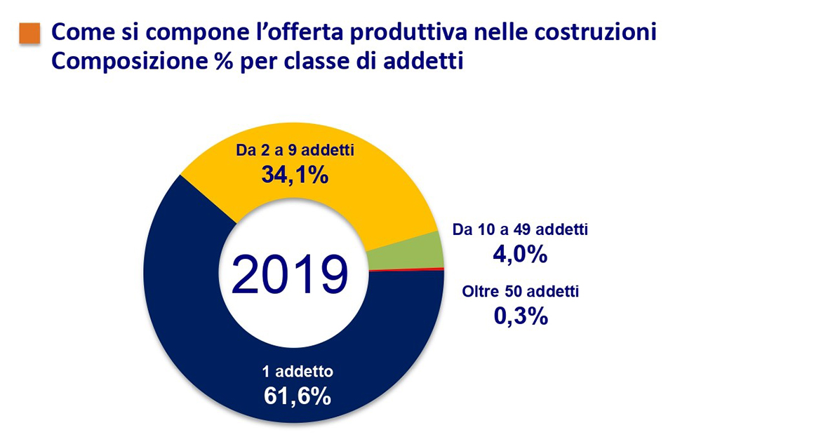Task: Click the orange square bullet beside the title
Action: pos(29,32)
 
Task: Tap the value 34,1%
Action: pos(295,175)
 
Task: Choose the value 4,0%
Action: pos(519,254)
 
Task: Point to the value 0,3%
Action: pos(520,316)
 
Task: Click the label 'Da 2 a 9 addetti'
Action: pos(294,151)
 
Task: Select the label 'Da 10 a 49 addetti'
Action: pos(519,229)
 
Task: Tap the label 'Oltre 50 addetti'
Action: pos(520,291)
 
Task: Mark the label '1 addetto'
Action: pos(297,372)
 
